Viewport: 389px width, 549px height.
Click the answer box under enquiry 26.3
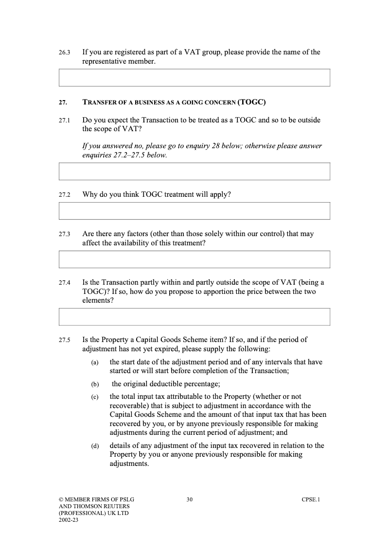[194, 78]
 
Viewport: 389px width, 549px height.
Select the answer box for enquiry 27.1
[194, 172]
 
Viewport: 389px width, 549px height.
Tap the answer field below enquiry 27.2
[194, 211]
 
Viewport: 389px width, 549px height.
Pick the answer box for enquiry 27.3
[194, 259]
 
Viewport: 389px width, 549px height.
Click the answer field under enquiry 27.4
[194, 317]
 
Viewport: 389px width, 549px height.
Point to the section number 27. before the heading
[63, 103]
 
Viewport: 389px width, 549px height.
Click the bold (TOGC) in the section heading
[251, 102]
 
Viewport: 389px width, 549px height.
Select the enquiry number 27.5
[65, 340]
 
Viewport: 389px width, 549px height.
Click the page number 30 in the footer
[190, 499]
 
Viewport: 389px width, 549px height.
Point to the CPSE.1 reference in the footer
[311, 499]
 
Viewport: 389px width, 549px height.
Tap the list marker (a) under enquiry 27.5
[95, 362]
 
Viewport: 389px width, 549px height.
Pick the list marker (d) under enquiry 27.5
[95, 446]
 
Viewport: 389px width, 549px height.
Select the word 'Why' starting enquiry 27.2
[90, 194]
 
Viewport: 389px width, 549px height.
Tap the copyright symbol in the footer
[61, 499]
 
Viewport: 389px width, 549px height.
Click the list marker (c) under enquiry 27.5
[95, 397]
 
